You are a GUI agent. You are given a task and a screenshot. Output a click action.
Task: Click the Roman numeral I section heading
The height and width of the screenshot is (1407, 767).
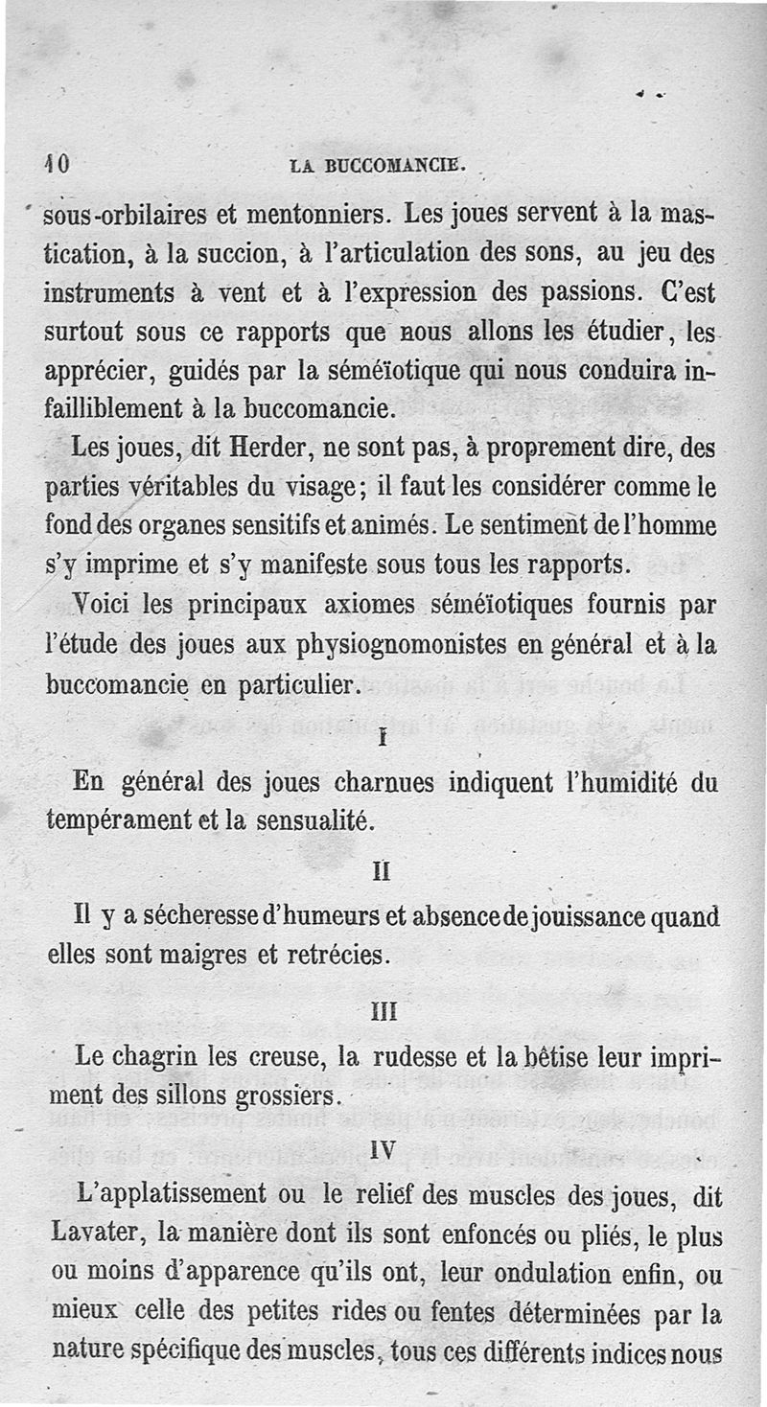coord(383,739)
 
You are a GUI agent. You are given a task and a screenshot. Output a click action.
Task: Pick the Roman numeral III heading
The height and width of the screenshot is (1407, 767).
coord(383,1009)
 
